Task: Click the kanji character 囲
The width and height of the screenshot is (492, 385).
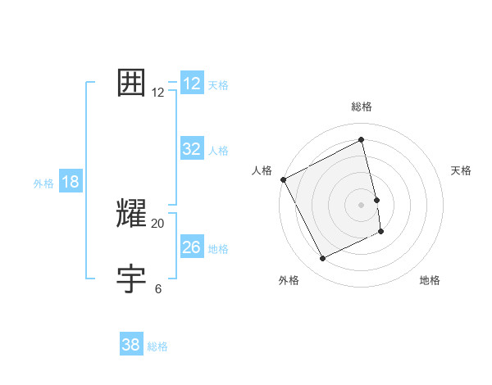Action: [132, 83]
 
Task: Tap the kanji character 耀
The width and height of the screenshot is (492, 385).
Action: [132, 213]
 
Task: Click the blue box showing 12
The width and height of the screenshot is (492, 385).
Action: [192, 84]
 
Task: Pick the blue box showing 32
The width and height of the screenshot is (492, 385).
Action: [192, 149]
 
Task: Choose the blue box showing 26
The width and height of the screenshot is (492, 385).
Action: [192, 247]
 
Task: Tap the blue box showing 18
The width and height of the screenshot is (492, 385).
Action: [71, 182]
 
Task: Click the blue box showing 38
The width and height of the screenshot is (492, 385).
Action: [131, 345]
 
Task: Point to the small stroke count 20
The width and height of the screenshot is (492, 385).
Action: [158, 223]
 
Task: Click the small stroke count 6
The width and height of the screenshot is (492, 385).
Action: [158, 288]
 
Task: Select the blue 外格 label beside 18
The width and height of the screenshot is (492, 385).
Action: [43, 183]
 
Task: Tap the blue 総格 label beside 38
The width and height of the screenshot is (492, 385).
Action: [157, 346]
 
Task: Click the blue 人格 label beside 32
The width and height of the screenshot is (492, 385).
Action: [218, 151]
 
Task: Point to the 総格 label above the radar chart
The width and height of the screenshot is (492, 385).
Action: [361, 106]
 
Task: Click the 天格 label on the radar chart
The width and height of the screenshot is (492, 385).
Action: [462, 170]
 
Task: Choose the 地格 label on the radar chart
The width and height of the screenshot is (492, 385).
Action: [430, 280]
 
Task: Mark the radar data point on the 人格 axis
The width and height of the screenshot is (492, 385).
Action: [284, 179]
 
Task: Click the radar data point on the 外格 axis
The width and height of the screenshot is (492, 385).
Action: [323, 259]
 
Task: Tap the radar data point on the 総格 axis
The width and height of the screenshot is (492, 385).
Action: [361, 139]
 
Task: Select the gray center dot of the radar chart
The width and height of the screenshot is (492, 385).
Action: [361, 205]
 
